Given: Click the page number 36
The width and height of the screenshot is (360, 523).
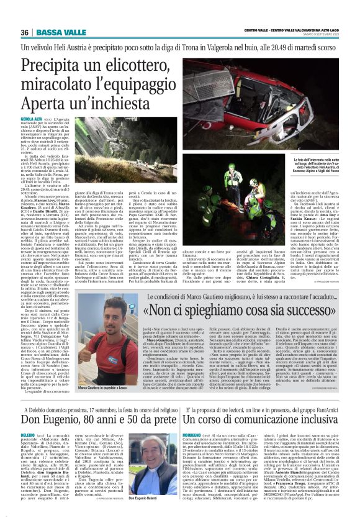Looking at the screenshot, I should [x=25, y=32].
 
